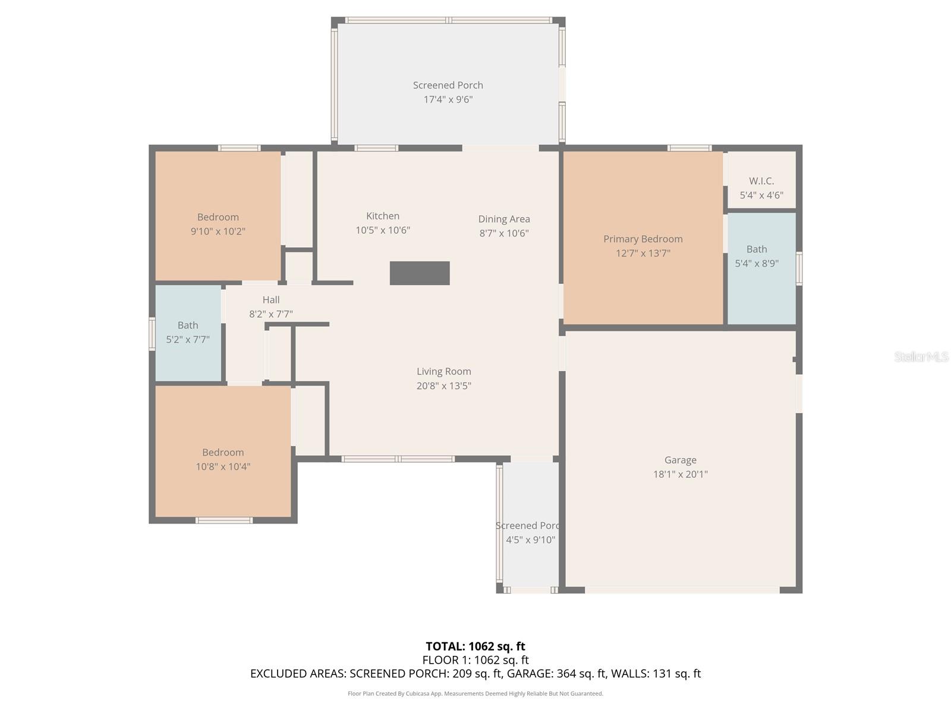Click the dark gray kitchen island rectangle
tap(420, 273)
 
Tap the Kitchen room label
tap(383, 216)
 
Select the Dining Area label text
tap(504, 219)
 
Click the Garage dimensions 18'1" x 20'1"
tap(680, 474)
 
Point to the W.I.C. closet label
tap(761, 181)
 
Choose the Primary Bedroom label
tap(643, 239)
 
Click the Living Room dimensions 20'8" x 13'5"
tap(443, 386)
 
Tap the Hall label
tap(271, 299)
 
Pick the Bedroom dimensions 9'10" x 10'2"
tap(218, 231)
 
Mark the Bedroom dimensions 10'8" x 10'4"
tap(223, 466)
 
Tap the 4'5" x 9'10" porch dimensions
tap(530, 540)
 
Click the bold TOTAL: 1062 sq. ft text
tap(475, 646)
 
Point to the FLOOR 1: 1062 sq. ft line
tap(475, 660)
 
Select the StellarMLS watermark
tap(921, 356)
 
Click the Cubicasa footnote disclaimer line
tap(475, 693)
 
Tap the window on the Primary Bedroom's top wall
tap(689, 148)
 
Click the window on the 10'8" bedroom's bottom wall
tap(224, 520)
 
